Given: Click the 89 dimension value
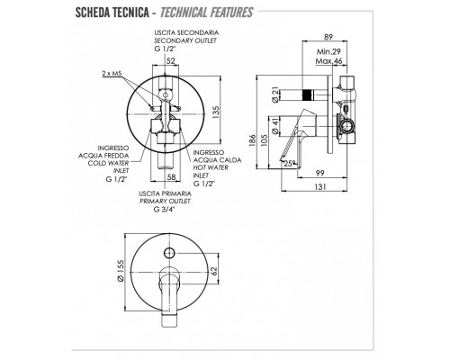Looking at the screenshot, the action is (x=328, y=37).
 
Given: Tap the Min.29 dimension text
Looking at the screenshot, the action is (x=328, y=51).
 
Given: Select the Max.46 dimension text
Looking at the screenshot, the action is (x=328, y=61).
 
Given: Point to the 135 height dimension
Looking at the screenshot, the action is (x=216, y=112).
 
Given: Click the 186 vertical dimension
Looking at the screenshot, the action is (x=253, y=140).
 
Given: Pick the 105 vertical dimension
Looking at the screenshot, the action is (x=265, y=140).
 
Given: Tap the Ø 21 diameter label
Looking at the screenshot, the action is (x=275, y=95).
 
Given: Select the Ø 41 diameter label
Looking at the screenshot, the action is (x=275, y=126).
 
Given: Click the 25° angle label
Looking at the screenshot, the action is (x=289, y=164).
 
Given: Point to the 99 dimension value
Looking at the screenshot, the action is (x=320, y=173).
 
